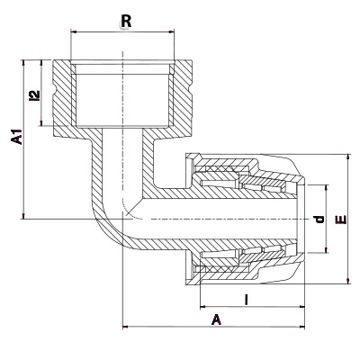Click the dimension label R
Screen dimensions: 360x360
[126, 22]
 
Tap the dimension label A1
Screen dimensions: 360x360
[17, 137]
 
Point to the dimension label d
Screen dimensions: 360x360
[319, 220]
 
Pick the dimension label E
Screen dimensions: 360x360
[341, 220]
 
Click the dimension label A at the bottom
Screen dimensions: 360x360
[216, 319]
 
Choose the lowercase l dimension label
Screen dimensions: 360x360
[247, 300]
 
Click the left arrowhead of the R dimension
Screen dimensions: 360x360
[73, 31]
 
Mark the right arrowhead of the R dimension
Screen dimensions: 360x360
[172, 31]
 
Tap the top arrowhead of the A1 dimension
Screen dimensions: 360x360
[23, 62]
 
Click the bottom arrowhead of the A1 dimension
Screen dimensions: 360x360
[23, 216]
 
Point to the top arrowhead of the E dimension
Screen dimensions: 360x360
[348, 157]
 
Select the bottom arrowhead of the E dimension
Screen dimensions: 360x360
[348, 281]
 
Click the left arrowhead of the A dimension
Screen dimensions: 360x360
[126, 327]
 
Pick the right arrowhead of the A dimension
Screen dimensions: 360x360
[301, 327]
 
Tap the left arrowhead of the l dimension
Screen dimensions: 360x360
[202, 307]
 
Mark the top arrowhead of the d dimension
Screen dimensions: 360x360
[327, 187]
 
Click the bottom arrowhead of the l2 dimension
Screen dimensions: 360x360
[41, 122]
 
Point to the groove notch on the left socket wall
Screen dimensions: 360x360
[55, 90]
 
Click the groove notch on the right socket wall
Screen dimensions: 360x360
[190, 90]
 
